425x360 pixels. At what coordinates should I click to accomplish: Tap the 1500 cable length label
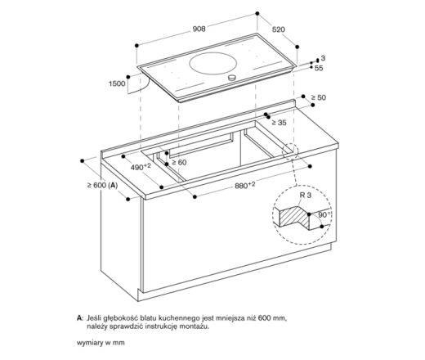pyautogui.click(x=118, y=83)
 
